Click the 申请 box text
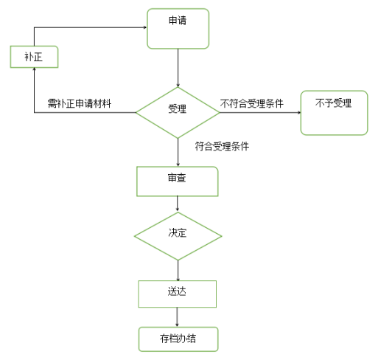click(178, 21)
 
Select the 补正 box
click(34, 57)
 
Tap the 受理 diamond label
click(178, 108)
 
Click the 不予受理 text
click(333, 103)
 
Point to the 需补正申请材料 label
click(80, 103)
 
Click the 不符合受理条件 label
click(252, 103)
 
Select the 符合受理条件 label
click(222, 146)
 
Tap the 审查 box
click(178, 181)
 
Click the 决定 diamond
click(178, 236)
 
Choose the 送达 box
click(178, 294)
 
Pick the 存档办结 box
click(178, 339)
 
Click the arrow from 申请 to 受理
click(178, 68)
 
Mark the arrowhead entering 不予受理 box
click(299, 113)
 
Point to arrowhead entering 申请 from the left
click(145, 27)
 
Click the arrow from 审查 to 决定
click(178, 204)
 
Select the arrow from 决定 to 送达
click(178, 270)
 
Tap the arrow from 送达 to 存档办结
click(177, 317)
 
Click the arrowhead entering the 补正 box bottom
click(34, 69)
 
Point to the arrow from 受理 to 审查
click(178, 152)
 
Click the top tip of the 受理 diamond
click(178, 87)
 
